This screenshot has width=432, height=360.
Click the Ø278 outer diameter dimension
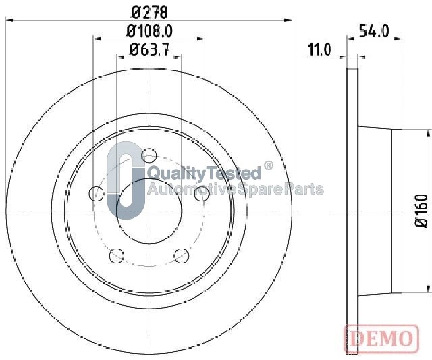coord(150,13)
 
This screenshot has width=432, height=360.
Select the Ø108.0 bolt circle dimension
coord(150,31)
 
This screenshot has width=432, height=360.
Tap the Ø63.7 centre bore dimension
coord(150,50)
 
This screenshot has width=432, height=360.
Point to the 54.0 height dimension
coord(374,31)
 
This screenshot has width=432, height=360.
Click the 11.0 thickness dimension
coord(319,50)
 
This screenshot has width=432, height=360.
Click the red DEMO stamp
coord(381,338)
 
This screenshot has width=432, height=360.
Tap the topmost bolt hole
coord(148,155)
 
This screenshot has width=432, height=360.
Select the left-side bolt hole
coord(97,193)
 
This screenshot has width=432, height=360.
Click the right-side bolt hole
coord(202,193)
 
